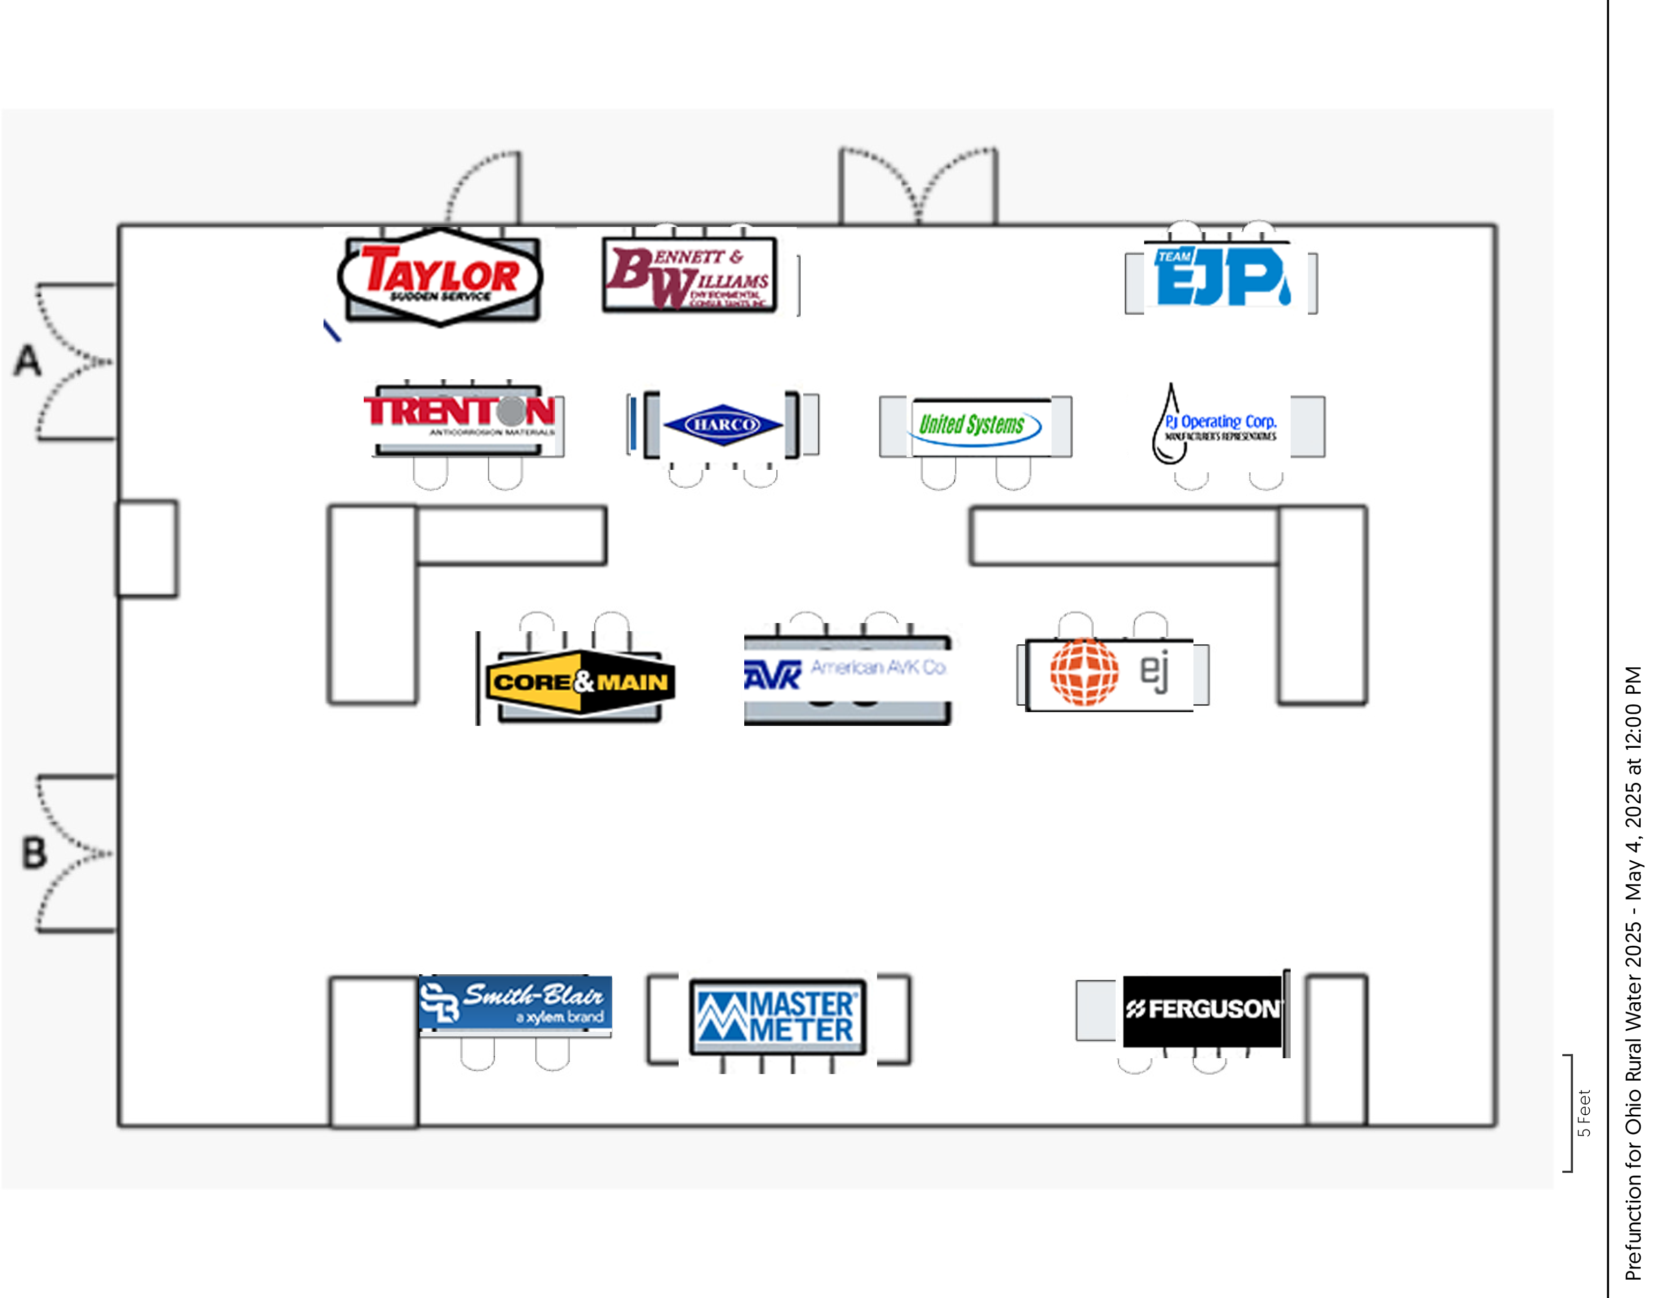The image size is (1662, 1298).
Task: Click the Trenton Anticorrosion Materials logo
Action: [460, 415]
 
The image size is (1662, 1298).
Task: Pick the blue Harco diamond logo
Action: [722, 424]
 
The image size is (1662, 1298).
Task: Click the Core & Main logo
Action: [580, 682]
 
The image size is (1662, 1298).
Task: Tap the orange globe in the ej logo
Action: [1085, 671]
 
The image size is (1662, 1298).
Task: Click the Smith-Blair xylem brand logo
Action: [515, 1003]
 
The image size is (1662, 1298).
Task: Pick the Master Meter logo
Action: [777, 1017]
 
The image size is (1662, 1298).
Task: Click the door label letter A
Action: [28, 361]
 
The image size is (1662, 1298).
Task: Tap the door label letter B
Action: [34, 853]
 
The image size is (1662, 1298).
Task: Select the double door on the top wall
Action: [918, 186]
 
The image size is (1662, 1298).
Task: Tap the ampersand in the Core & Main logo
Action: [585, 681]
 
